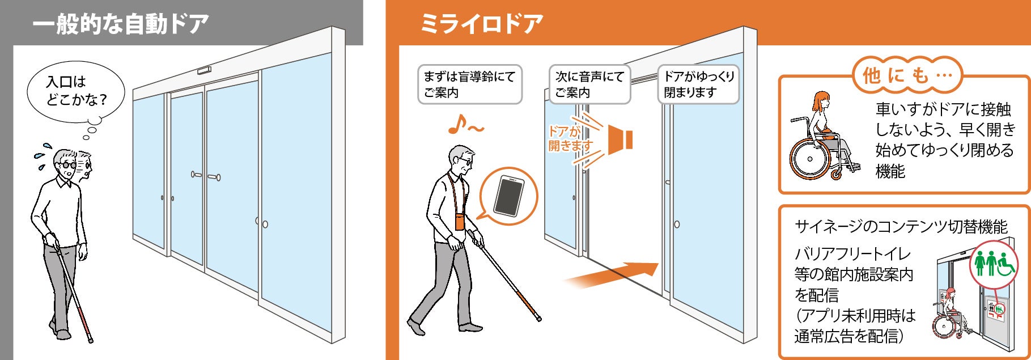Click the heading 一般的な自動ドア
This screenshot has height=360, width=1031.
120,24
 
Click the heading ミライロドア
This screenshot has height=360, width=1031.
481,24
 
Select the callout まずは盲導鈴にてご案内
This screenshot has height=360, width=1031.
470,84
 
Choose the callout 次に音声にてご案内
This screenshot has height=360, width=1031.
589,84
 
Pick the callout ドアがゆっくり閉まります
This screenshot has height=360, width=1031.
698,84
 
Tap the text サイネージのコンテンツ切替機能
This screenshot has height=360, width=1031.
901,227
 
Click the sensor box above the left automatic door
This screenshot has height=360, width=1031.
203,71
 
